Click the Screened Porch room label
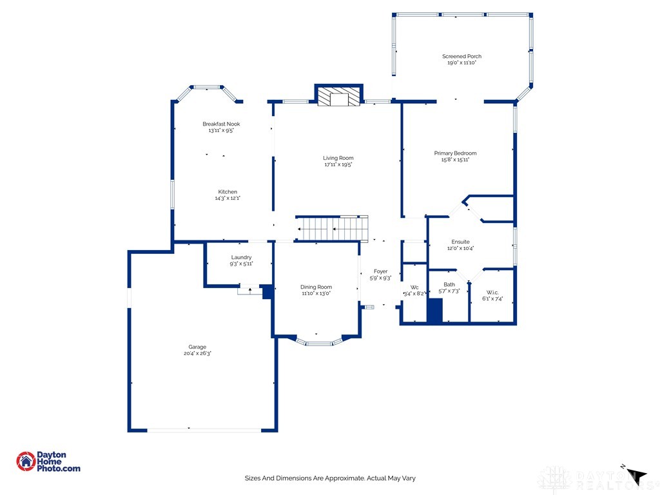(x=461, y=56)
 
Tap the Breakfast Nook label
(x=221, y=124)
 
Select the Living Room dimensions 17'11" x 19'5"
(x=338, y=165)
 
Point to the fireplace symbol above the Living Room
(x=339, y=97)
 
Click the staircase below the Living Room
(x=332, y=228)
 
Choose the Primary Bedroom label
(x=455, y=153)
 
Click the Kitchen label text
(x=228, y=191)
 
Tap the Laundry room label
(x=241, y=257)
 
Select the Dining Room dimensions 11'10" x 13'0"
(x=316, y=293)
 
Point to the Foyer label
(x=380, y=271)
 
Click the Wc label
(x=414, y=287)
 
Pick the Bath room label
(x=449, y=284)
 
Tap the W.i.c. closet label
(x=492, y=291)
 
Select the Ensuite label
(x=460, y=242)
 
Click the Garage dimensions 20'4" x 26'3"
(x=197, y=354)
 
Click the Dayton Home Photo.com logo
(x=48, y=461)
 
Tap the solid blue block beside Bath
(x=435, y=310)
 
